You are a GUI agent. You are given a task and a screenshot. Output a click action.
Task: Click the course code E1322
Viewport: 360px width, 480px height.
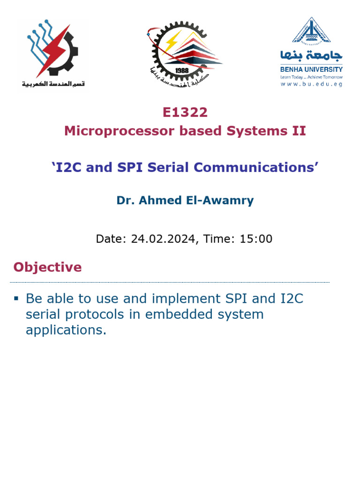[x=185, y=112]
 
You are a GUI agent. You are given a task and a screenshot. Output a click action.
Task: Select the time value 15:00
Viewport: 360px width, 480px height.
[x=256, y=239]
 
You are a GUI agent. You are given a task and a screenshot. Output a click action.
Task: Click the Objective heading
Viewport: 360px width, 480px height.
[x=47, y=267]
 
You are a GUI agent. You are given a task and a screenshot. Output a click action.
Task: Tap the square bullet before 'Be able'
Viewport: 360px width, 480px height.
[x=16, y=298]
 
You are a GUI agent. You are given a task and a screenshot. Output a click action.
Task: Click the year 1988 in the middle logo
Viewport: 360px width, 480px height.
[x=182, y=70]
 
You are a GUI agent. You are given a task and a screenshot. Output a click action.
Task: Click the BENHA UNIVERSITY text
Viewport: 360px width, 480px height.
[x=311, y=69]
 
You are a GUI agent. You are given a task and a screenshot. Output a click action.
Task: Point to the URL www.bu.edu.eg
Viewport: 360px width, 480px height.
[x=311, y=84]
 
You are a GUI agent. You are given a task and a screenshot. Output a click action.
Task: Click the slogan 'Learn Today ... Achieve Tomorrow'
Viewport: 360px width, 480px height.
[x=311, y=77]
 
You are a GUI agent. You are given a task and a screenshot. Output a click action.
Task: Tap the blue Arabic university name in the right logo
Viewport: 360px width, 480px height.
[x=311, y=56]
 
